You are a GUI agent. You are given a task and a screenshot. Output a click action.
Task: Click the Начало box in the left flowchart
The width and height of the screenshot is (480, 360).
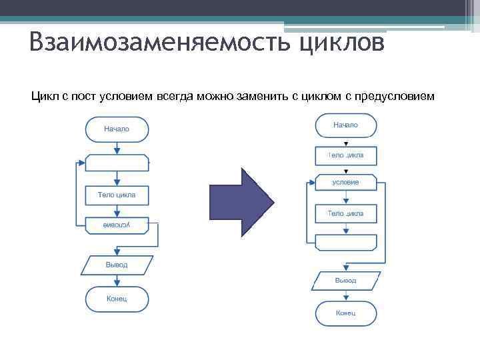[117, 129]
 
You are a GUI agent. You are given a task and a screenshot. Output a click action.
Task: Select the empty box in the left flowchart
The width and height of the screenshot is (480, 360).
[117, 163]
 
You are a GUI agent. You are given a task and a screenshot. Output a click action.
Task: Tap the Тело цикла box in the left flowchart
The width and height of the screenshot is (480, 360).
[117, 195]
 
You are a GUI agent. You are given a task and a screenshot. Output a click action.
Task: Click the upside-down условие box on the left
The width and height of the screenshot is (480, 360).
[117, 225]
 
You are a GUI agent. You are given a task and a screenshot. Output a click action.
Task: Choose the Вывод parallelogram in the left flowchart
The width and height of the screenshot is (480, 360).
[117, 265]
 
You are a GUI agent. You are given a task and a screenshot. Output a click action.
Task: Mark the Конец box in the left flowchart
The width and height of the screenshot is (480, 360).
[117, 298]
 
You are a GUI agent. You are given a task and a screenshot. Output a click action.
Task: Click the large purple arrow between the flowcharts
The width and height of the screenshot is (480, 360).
[241, 201]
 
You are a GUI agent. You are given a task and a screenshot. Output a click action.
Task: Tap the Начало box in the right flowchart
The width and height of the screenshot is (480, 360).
[345, 125]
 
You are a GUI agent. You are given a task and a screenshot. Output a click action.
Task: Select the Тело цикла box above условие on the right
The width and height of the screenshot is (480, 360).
[345, 155]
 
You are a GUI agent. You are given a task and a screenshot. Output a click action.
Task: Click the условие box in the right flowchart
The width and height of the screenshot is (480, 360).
[345, 182]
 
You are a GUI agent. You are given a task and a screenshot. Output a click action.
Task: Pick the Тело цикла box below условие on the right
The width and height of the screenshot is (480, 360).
[345, 213]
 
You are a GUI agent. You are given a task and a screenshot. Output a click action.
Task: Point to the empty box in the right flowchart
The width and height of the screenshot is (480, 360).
[345, 242]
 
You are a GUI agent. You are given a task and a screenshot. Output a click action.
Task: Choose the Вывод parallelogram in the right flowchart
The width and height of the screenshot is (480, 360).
[345, 281]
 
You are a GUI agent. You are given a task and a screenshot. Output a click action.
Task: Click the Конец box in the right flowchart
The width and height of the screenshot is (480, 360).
[345, 313]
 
